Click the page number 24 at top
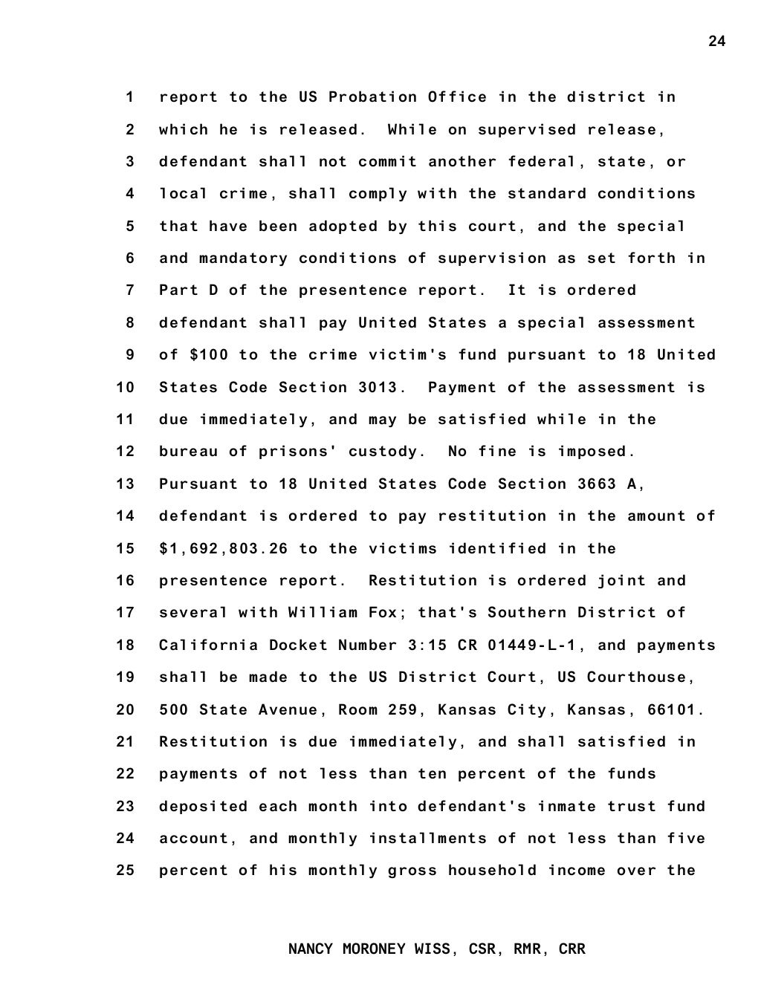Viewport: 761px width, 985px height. (x=716, y=41)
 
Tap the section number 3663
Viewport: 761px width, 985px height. (x=597, y=484)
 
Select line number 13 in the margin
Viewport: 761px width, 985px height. (x=126, y=484)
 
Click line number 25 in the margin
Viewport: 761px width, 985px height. (x=126, y=871)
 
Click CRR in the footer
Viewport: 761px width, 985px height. (x=571, y=949)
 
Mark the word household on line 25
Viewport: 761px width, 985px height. (x=492, y=871)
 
